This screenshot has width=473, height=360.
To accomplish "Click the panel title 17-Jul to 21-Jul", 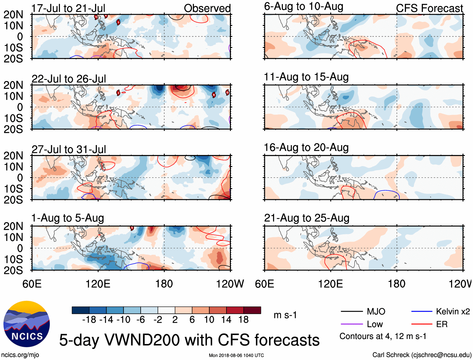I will pyautogui.click(x=68, y=8).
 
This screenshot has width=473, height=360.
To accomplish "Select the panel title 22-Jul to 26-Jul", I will pyautogui.click(x=69, y=79).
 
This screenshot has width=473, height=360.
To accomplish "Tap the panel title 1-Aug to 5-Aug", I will pyautogui.click(x=68, y=218).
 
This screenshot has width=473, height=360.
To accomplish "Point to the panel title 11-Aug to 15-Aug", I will pyautogui.click(x=306, y=77).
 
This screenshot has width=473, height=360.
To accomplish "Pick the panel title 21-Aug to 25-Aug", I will pyautogui.click(x=307, y=218).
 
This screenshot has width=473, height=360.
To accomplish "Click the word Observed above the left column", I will pyautogui.click(x=207, y=8).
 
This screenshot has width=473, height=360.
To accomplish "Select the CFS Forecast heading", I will pyautogui.click(x=429, y=8).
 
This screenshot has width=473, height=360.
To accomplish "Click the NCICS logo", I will pyautogui.click(x=27, y=324).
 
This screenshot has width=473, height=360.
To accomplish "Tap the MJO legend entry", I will pyautogui.click(x=376, y=311).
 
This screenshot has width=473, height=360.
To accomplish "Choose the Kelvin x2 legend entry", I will pyautogui.click(x=453, y=311).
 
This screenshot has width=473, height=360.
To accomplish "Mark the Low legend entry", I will pyautogui.click(x=375, y=324).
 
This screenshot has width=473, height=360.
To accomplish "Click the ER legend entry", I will pyautogui.click(x=442, y=324).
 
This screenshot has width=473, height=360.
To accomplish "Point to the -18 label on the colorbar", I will pyautogui.click(x=89, y=320).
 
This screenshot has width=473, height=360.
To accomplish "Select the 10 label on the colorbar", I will pyautogui.click(x=209, y=320).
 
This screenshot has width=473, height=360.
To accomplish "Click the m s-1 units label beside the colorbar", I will pyautogui.click(x=285, y=315).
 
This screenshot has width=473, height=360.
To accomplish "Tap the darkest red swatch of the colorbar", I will pyautogui.click(x=252, y=310).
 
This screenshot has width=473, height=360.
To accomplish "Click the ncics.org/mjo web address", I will pyautogui.click(x=20, y=355).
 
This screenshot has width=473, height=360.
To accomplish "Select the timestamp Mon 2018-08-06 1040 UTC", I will pyautogui.click(x=236, y=355).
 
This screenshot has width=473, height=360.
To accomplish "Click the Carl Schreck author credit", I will pyautogui.click(x=422, y=355).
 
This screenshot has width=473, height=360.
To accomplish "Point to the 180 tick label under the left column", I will pyautogui.click(x=164, y=284).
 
